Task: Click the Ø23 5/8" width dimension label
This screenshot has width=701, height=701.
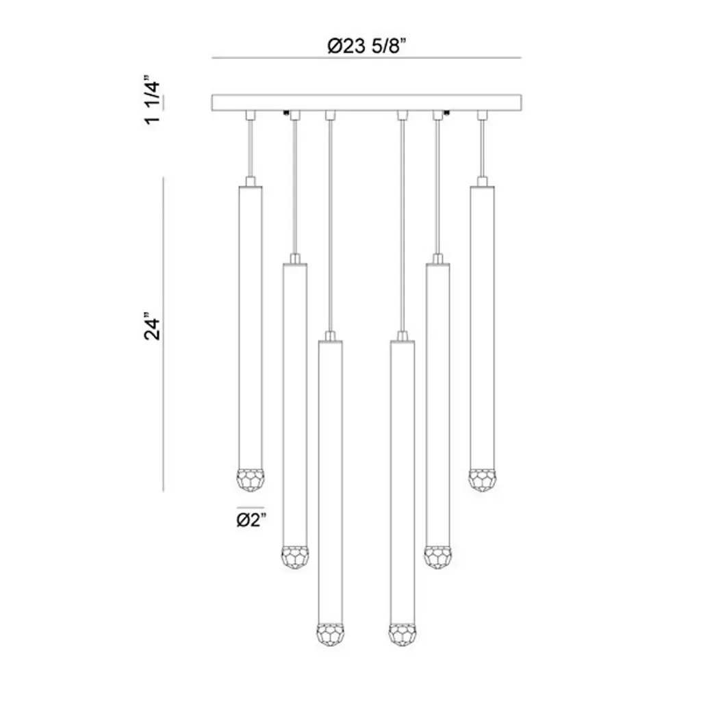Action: click(366, 46)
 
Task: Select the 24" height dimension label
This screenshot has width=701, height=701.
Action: click(152, 329)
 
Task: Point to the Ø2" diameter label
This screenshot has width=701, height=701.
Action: click(251, 520)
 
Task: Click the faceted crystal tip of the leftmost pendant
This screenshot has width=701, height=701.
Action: click(250, 480)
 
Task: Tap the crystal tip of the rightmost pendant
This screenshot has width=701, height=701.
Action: click(483, 480)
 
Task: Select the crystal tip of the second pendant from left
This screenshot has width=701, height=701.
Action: click(294, 557)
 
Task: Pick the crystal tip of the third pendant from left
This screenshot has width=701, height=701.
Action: click(331, 635)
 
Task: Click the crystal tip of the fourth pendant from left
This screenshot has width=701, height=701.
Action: click(402, 635)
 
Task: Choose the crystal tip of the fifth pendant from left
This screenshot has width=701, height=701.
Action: click(437, 557)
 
